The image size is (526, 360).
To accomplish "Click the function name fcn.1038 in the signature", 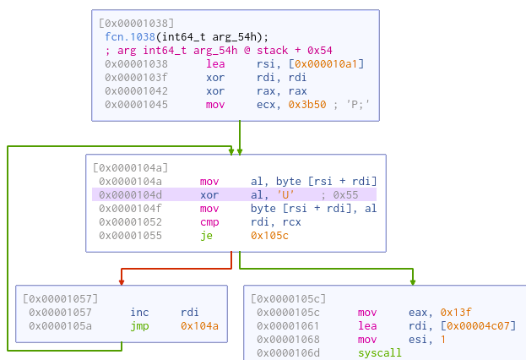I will [x=124, y=35].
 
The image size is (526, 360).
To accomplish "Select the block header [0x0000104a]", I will [x=132, y=167].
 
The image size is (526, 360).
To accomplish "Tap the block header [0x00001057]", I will [x=62, y=298].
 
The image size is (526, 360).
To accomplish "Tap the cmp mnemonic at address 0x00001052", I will [x=209, y=221].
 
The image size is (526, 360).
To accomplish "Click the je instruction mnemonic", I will [x=206, y=235].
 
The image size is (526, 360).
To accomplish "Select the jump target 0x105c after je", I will [x=270, y=235].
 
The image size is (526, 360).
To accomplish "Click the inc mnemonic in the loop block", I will [x=139, y=312].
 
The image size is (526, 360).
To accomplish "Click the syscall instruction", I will [x=381, y=352].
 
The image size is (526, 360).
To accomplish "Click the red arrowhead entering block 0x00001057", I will [x=122, y=281].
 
